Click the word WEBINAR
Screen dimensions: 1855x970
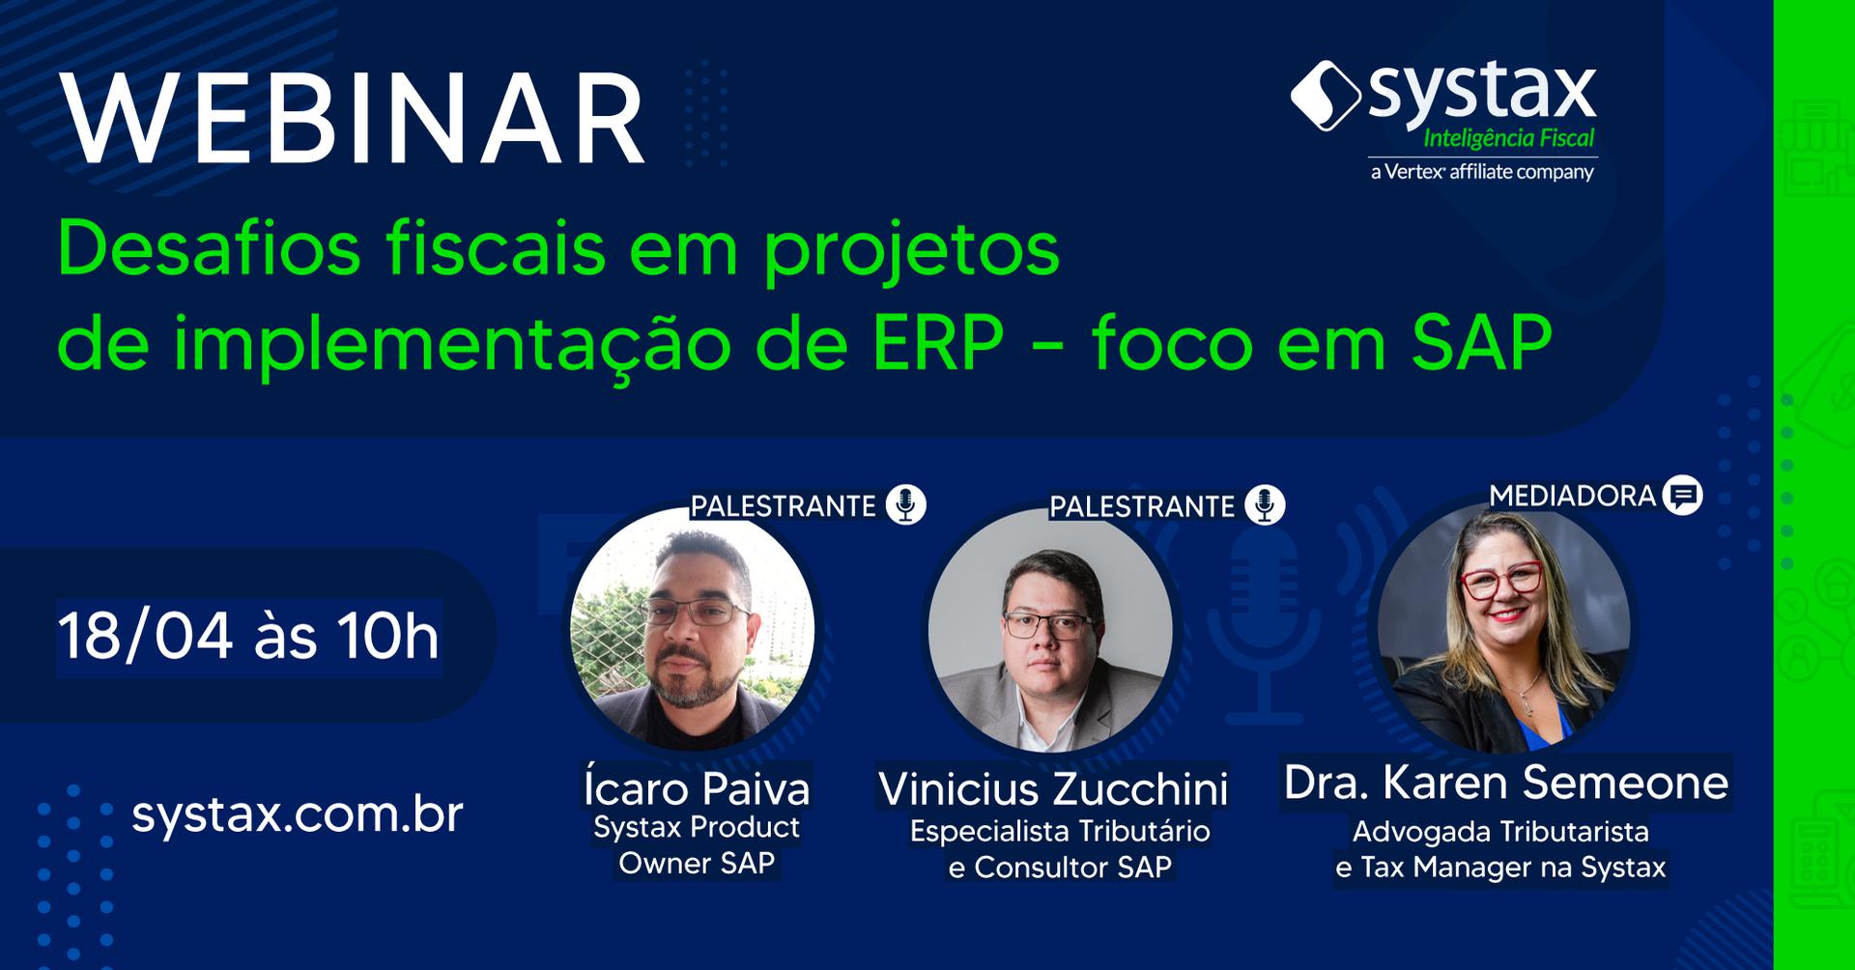pyautogui.click(x=353, y=119)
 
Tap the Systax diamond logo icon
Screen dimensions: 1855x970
pyautogui.click(x=1326, y=95)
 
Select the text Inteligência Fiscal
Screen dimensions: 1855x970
pyautogui.click(x=1508, y=138)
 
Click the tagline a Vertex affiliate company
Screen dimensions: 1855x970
pyautogui.click(x=1482, y=172)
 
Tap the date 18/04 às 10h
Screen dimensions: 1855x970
pyautogui.click(x=248, y=637)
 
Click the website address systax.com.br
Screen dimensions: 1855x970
pyautogui.click(x=298, y=814)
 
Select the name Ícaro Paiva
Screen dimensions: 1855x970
pyautogui.click(x=697, y=787)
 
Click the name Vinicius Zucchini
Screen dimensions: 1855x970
pyautogui.click(x=1053, y=788)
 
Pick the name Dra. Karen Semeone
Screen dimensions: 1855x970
pyautogui.click(x=1505, y=782)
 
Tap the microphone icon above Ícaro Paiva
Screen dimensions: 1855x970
pyautogui.click(x=905, y=504)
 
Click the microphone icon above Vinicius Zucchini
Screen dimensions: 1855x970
pyautogui.click(x=1265, y=504)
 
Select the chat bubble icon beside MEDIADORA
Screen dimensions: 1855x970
pyautogui.click(x=1683, y=495)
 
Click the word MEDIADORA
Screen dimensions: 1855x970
pyautogui.click(x=1572, y=496)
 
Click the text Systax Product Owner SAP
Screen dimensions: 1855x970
pyautogui.click(x=697, y=844)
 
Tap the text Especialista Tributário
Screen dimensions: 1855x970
pyautogui.click(x=1060, y=831)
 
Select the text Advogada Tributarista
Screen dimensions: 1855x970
pyautogui.click(x=1500, y=831)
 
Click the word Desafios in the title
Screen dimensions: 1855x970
pyautogui.click(x=210, y=248)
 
